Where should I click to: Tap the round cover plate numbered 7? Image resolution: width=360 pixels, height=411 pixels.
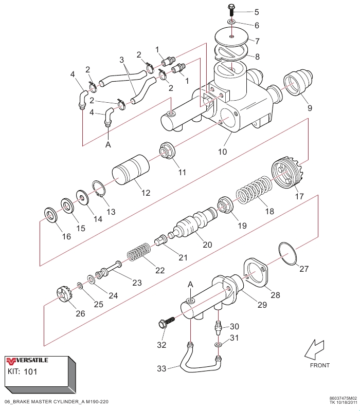point(232,38)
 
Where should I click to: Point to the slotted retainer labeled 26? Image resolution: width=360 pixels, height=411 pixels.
point(62,296)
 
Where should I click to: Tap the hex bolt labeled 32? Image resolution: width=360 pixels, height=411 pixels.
point(165,323)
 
